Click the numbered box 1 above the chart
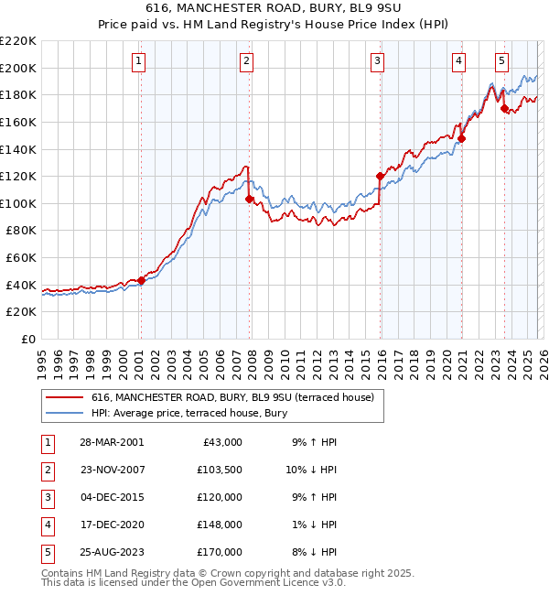tap(138, 61)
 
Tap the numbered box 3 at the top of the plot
tap(377, 61)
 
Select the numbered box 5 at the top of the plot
tap(502, 61)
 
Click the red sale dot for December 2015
tap(380, 176)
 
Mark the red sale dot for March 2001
tap(141, 281)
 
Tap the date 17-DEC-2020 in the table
tap(111, 525)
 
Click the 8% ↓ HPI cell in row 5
tap(316, 553)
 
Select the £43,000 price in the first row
tap(221, 441)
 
